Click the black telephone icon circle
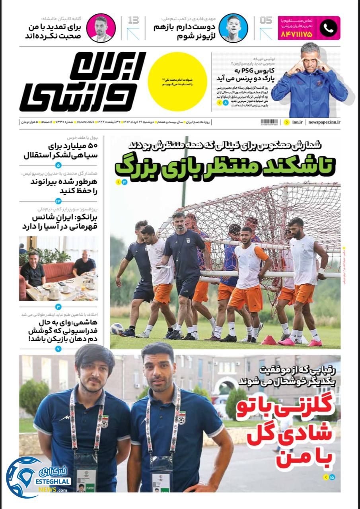tap(328, 28)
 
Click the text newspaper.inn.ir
tap(324, 122)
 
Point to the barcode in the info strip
tap(269, 122)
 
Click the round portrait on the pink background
tap(101, 28)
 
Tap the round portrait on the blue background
tap(233, 28)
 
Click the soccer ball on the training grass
tap(117, 328)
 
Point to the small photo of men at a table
tap(58, 269)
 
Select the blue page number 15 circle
tap(332, 477)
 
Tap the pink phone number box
tap(309, 28)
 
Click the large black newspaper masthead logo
tap(83, 82)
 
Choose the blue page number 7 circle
tap(58, 349)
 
